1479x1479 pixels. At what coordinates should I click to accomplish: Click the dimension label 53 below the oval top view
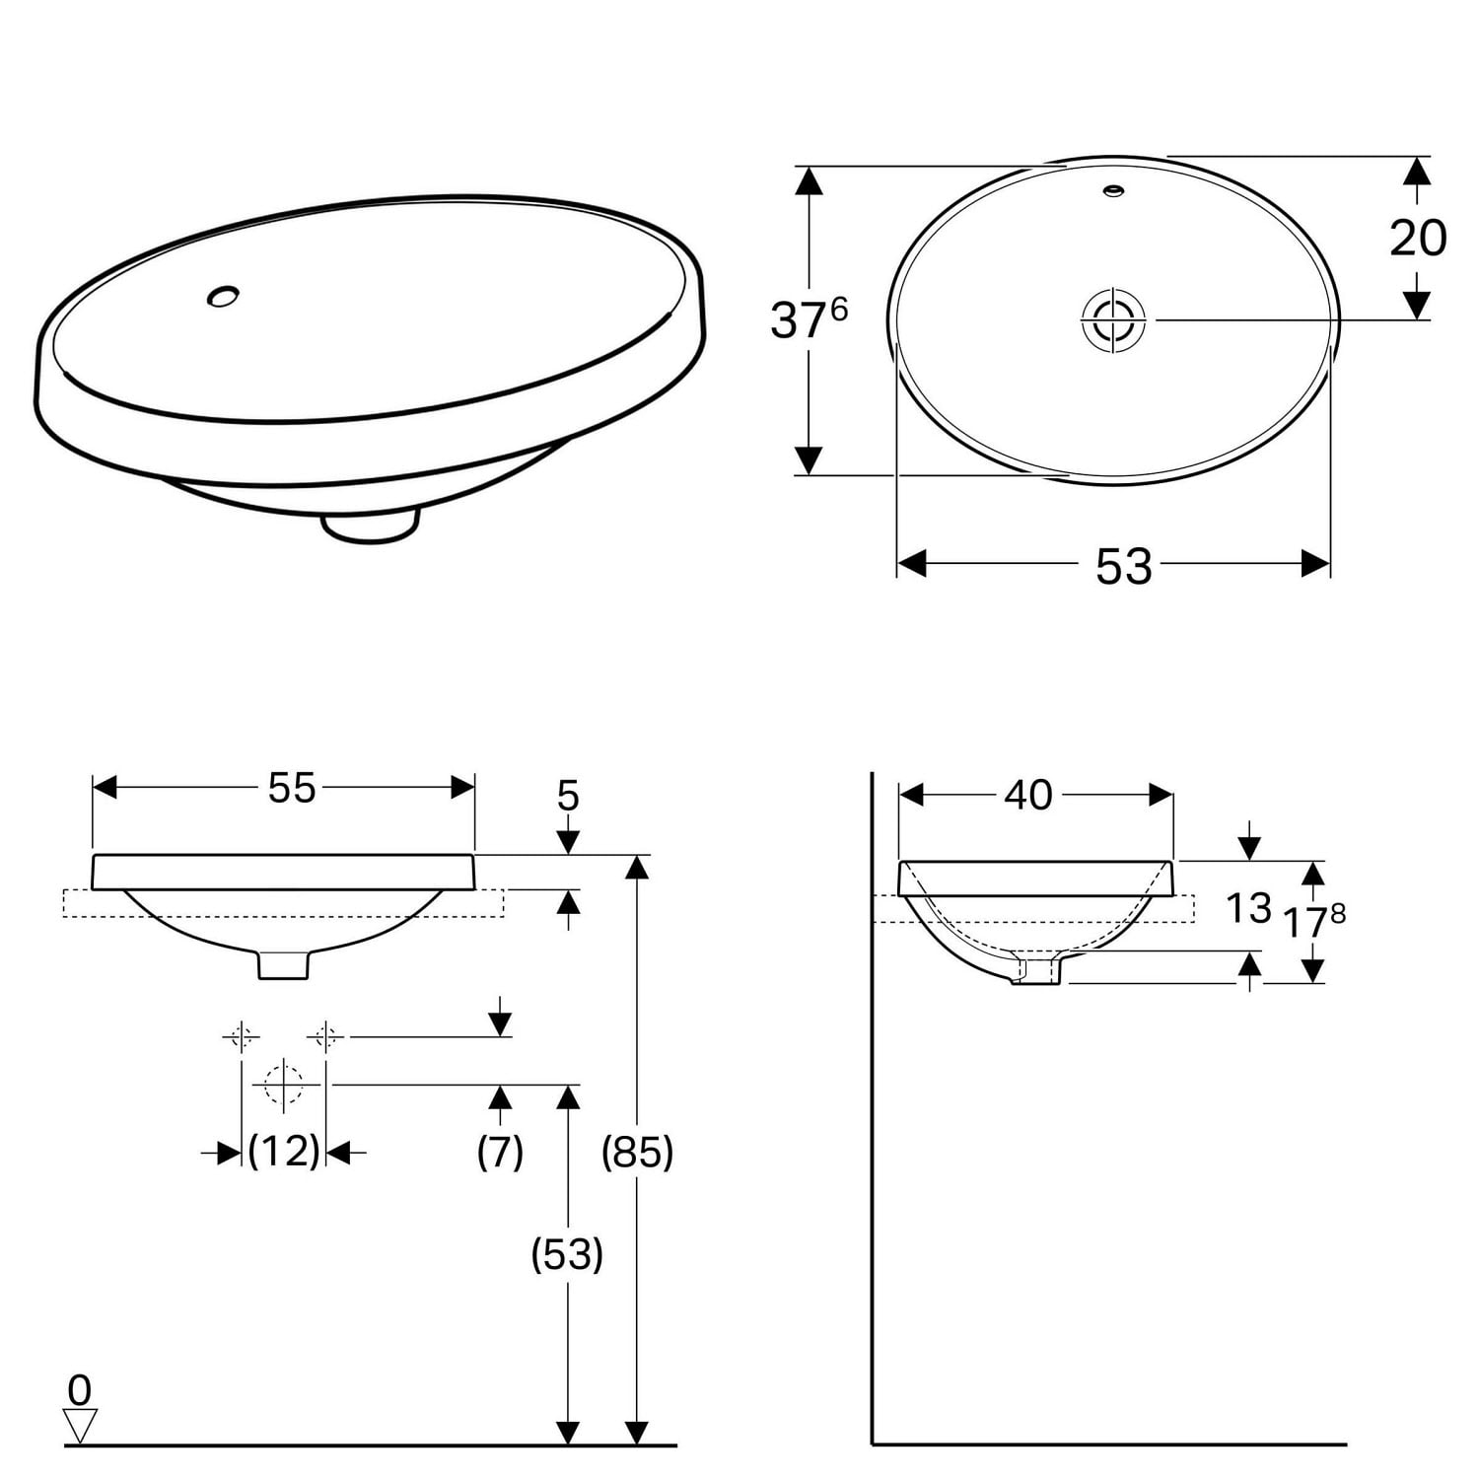coord(1123,566)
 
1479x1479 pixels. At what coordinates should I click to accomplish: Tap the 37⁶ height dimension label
coord(809,318)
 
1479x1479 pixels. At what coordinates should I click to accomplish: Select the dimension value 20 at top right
coord(1418,238)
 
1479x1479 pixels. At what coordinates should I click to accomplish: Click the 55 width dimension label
coord(292,787)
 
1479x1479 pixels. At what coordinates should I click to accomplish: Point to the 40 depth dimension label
coord(1028,794)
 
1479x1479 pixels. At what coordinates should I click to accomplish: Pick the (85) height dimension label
coord(638,1151)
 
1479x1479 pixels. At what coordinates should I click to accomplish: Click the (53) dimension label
coord(567,1254)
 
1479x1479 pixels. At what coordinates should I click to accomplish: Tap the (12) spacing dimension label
coord(284,1151)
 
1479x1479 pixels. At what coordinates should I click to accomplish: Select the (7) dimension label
coord(500,1151)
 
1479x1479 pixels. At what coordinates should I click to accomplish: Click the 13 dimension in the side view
coord(1248,908)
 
